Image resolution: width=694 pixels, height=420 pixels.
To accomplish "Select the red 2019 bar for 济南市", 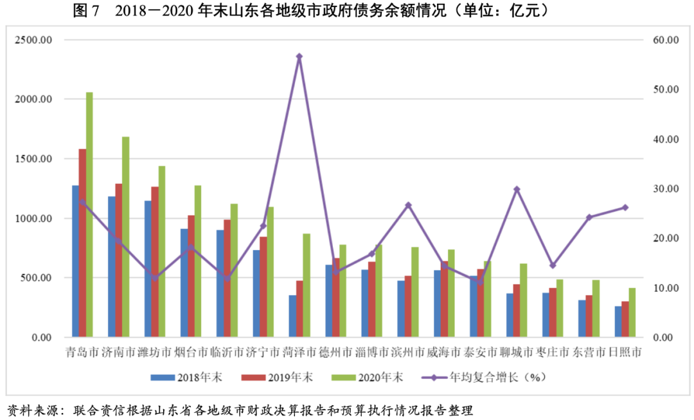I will (118, 260).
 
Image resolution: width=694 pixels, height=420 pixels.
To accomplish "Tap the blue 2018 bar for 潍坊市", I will (148, 269).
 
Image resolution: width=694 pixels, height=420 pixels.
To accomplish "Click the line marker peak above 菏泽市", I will (299, 57).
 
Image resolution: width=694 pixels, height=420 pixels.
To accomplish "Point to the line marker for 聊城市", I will (516, 189).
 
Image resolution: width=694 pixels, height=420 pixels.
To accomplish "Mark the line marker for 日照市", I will (625, 207).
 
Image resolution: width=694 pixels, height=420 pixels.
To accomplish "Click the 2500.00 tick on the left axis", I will (33, 40).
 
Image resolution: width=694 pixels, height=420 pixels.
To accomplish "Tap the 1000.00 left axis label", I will (33, 219).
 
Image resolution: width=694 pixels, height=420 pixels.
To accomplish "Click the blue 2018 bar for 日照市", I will (618, 321).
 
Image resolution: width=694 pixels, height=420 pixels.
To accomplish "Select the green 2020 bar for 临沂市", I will (234, 270).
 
